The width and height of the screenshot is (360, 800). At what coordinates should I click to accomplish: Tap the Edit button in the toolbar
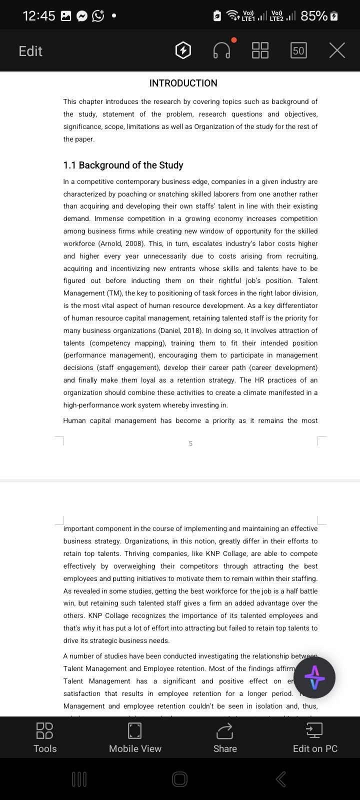pos(30,51)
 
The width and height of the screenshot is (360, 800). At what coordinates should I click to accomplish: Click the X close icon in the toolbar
pos(337,50)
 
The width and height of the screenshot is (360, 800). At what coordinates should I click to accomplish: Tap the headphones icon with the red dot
pos(222,50)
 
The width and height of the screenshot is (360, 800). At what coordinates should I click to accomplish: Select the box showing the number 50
pos(298,50)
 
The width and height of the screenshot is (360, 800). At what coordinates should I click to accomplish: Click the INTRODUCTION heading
pos(183,83)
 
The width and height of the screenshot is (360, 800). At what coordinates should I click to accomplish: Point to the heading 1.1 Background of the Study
pos(123,165)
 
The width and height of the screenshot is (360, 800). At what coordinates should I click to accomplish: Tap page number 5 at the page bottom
pos(190,443)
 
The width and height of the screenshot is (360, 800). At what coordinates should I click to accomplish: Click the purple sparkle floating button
pos(314,678)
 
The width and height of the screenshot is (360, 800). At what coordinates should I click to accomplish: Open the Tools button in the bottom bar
pos(45,737)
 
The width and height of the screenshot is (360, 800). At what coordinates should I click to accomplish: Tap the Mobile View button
pos(135,737)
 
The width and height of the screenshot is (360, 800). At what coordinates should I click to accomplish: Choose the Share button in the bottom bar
pos(225,737)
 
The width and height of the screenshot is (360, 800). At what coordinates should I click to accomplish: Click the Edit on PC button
pos(315,737)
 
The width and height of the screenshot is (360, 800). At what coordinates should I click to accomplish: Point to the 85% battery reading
pos(314,16)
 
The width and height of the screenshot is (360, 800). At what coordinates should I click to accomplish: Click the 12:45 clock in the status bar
pos(39,16)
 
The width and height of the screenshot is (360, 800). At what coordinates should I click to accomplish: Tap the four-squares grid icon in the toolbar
pos(260,50)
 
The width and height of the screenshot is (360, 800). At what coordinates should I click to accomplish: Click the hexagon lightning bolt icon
pos(183,50)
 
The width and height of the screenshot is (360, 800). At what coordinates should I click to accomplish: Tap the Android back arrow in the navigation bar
pos(281,779)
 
